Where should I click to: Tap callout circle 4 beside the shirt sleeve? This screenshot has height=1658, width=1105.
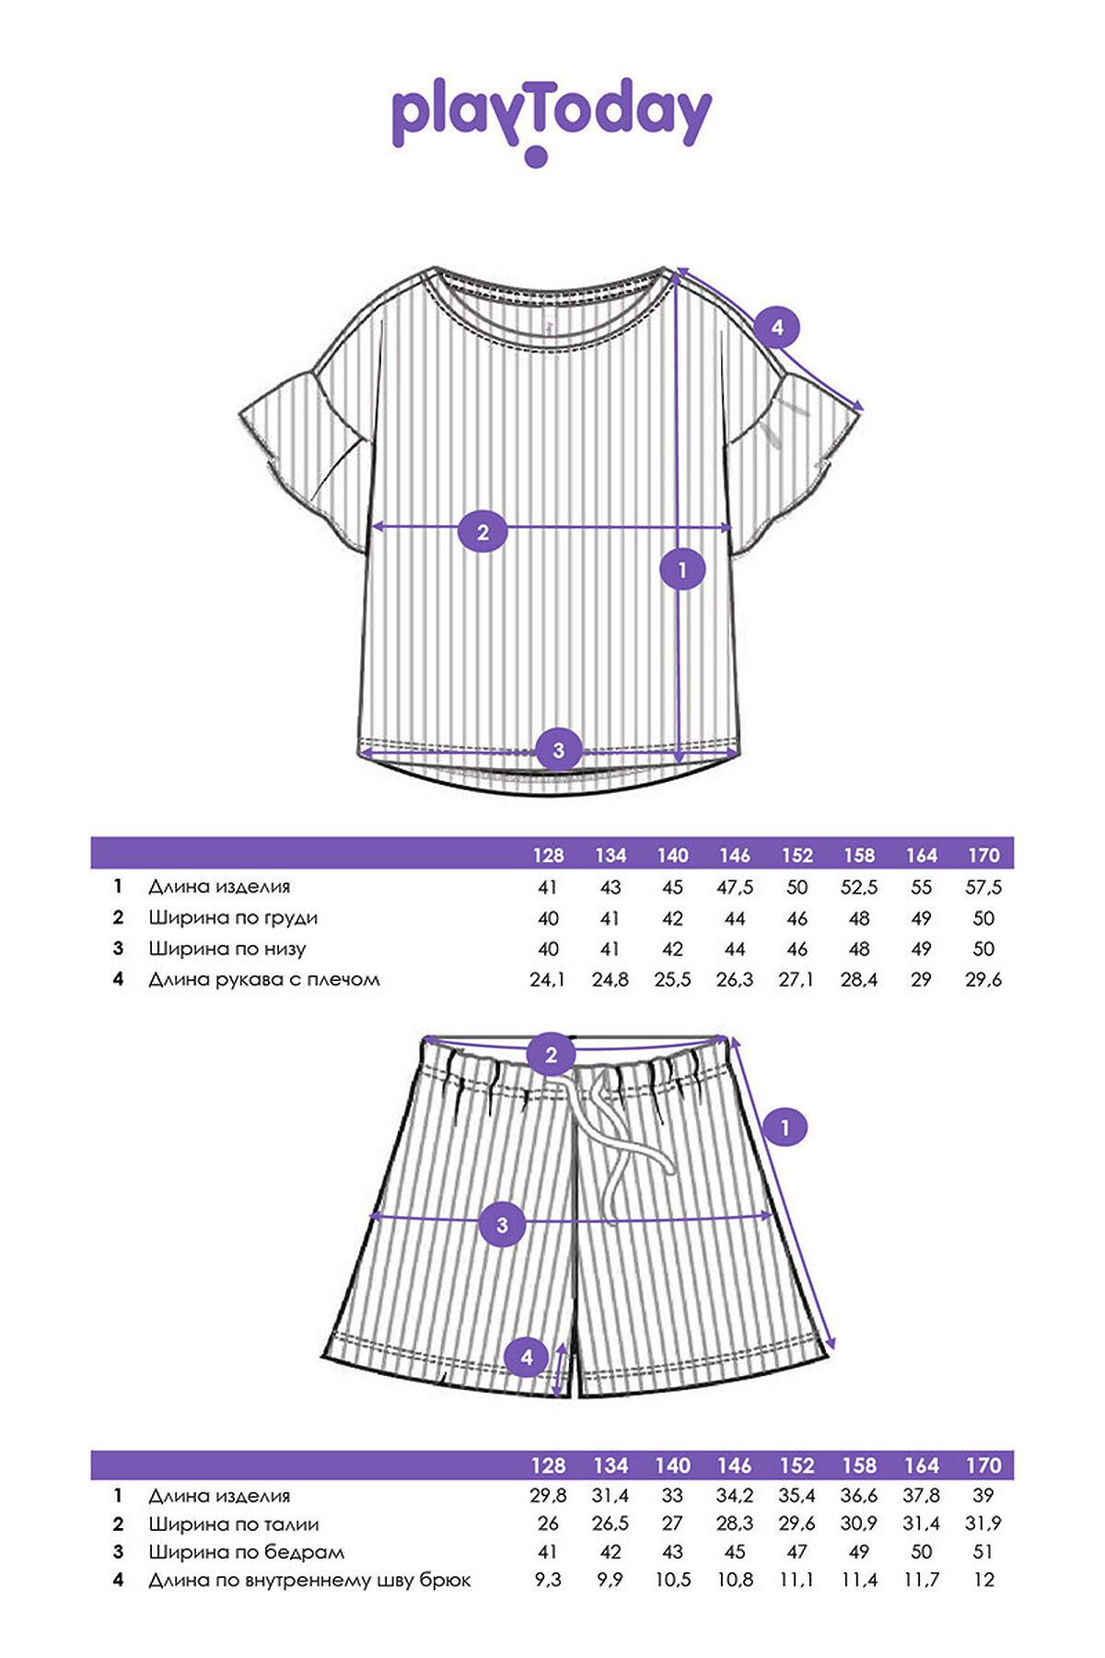777,327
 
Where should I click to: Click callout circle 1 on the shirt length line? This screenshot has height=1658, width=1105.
682,570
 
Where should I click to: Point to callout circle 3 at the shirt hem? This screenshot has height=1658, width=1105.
558,750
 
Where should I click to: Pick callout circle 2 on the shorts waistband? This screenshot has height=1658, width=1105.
551,1055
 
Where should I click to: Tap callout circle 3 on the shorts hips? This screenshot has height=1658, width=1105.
502,1225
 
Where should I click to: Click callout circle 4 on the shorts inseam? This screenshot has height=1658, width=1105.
527,1357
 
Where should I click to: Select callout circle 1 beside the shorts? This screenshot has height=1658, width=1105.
785,1127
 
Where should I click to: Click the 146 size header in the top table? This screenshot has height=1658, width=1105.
735,855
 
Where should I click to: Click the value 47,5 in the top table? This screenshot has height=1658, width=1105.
735,887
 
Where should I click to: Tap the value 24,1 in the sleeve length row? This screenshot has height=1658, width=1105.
547,979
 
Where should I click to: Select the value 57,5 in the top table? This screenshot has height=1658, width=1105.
983,887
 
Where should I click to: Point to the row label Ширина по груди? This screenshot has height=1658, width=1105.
233,917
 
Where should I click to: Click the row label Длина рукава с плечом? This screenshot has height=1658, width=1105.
264,979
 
